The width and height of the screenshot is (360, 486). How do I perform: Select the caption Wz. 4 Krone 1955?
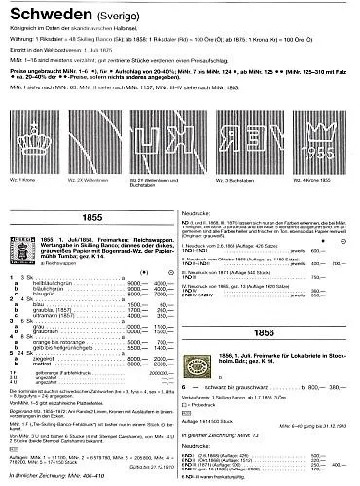(329, 181)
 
